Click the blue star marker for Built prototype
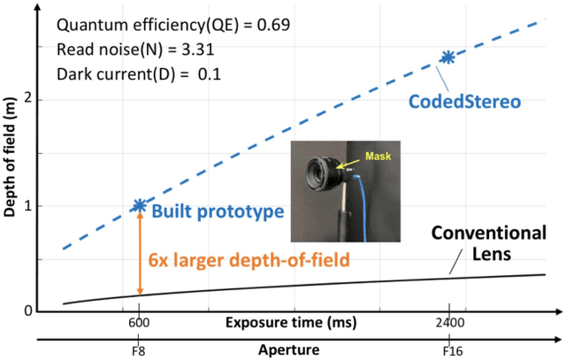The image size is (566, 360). click(139, 205)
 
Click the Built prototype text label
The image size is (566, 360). click(217, 213)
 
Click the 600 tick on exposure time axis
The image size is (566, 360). click(139, 323)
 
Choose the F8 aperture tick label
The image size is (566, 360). click(139, 351)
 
